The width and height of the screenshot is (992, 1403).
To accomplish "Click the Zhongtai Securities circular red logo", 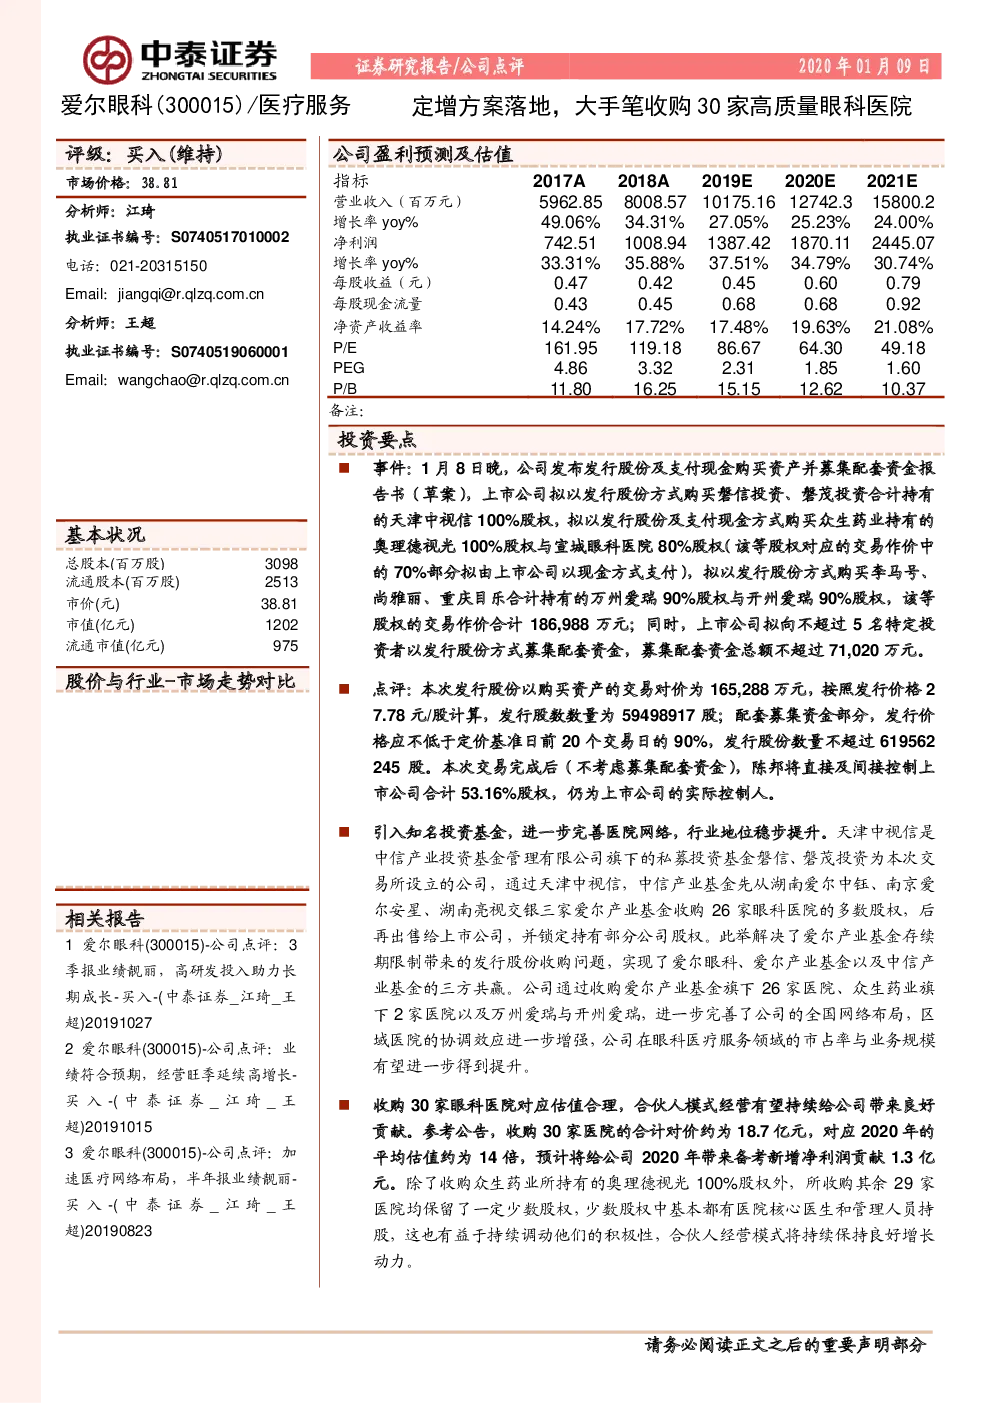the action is click(x=108, y=60).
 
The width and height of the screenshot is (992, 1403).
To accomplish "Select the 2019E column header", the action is click(x=726, y=182).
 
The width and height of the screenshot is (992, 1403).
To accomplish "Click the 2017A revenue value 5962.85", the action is click(x=571, y=202).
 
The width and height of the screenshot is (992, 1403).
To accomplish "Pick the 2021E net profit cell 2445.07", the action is click(x=903, y=243).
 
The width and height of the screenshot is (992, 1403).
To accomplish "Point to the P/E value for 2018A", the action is click(x=654, y=348).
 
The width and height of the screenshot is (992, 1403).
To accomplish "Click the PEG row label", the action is click(x=349, y=368).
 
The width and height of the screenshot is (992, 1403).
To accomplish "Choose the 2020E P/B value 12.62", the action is click(x=821, y=389).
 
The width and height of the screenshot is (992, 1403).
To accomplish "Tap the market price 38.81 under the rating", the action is click(x=160, y=183).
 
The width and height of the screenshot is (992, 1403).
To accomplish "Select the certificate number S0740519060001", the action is click(x=230, y=352).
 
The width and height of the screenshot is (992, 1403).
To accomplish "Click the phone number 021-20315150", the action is click(x=158, y=266).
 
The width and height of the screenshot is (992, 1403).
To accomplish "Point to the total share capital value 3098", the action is click(x=282, y=564).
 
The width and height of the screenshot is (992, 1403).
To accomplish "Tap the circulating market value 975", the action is click(x=286, y=646).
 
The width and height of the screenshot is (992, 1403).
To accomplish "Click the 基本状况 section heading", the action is click(x=105, y=535).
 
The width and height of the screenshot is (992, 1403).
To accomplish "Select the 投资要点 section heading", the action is click(x=377, y=440).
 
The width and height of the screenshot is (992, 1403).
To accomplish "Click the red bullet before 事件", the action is click(x=344, y=468).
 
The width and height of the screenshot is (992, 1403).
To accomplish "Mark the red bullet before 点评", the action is click(x=344, y=689).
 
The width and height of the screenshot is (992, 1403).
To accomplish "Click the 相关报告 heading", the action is click(x=105, y=919).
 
